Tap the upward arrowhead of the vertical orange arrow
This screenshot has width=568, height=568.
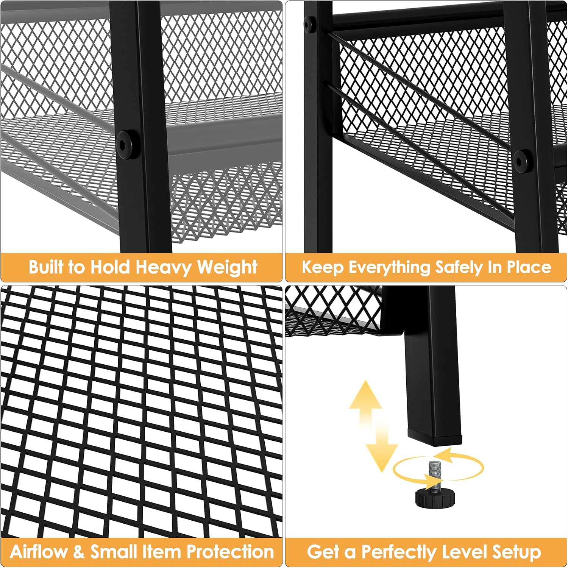pos(365,396)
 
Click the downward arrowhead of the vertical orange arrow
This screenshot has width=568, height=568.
pos(382,457)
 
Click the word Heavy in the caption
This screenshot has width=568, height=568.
pos(164,268)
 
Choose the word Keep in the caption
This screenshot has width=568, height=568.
pos(322,268)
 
